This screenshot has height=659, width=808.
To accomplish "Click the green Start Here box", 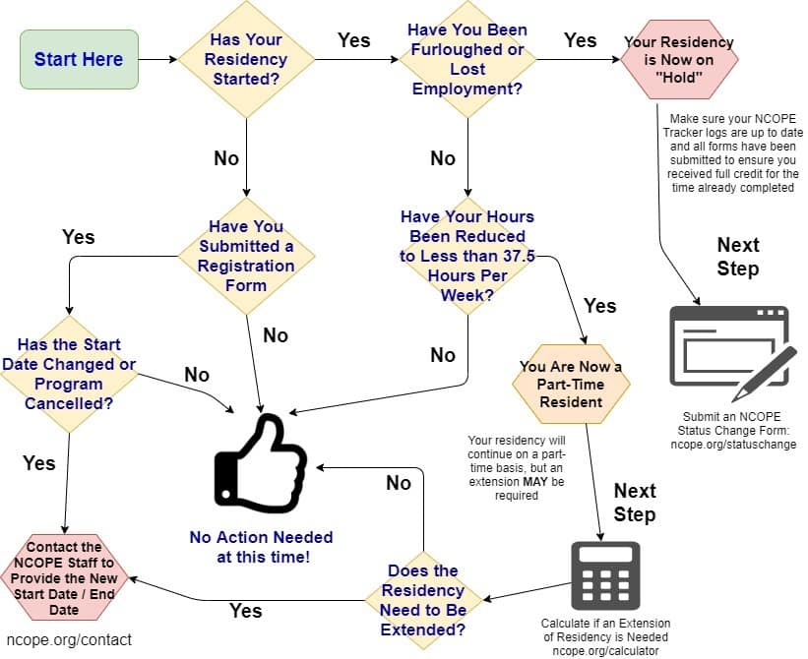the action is [x=79, y=59].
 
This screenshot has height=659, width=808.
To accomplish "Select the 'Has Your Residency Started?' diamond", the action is [x=246, y=59].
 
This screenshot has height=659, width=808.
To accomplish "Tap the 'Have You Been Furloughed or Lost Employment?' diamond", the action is [x=467, y=59].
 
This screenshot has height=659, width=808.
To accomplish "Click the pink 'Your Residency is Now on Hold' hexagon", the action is [x=679, y=59].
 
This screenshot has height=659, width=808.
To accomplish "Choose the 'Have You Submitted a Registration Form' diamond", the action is [x=246, y=256].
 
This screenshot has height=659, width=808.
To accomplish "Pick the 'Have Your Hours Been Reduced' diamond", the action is [x=467, y=256].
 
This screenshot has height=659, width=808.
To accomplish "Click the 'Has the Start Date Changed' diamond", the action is [x=69, y=374].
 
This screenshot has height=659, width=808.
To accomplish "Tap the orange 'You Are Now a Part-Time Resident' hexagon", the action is [x=571, y=384].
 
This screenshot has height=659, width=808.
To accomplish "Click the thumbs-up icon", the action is [x=261, y=463].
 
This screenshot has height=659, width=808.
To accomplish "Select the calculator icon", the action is [x=605, y=575].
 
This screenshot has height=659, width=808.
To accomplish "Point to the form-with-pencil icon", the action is [x=733, y=353].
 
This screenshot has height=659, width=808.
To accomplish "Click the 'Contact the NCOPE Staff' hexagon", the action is [x=64, y=577].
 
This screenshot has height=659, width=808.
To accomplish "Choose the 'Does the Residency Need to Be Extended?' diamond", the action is [x=423, y=600].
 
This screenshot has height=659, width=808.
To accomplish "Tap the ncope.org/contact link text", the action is [x=69, y=640].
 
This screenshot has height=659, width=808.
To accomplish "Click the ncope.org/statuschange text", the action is [x=733, y=445].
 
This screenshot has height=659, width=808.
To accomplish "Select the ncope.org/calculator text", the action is [x=605, y=651].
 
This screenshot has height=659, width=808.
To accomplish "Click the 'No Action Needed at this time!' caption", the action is [x=261, y=547].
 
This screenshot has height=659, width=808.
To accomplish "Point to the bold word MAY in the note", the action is [x=535, y=482].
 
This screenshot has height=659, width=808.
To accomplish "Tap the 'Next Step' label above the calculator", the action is [x=635, y=503].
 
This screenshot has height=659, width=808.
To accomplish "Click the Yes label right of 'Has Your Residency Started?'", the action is [x=354, y=40].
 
